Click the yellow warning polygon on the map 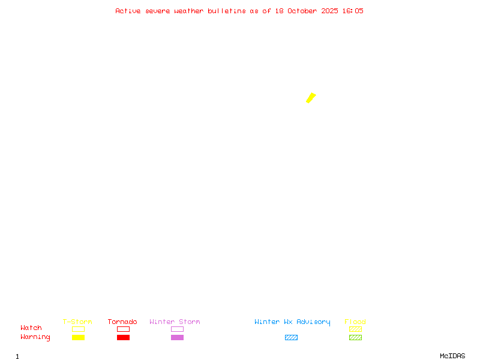(311, 98)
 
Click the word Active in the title (128, 11)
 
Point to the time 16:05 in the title (353, 11)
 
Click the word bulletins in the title (227, 11)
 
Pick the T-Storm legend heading (77, 322)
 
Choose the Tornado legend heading (122, 322)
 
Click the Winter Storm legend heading (175, 322)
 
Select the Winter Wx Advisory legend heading (292, 322)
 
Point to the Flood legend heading (355, 322)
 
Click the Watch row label (31, 328)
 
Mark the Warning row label (35, 337)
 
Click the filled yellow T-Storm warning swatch (78, 337)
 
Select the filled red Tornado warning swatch (123, 337)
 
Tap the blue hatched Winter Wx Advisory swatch (291, 337)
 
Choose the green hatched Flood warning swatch (355, 337)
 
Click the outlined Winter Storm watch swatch (177, 329)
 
